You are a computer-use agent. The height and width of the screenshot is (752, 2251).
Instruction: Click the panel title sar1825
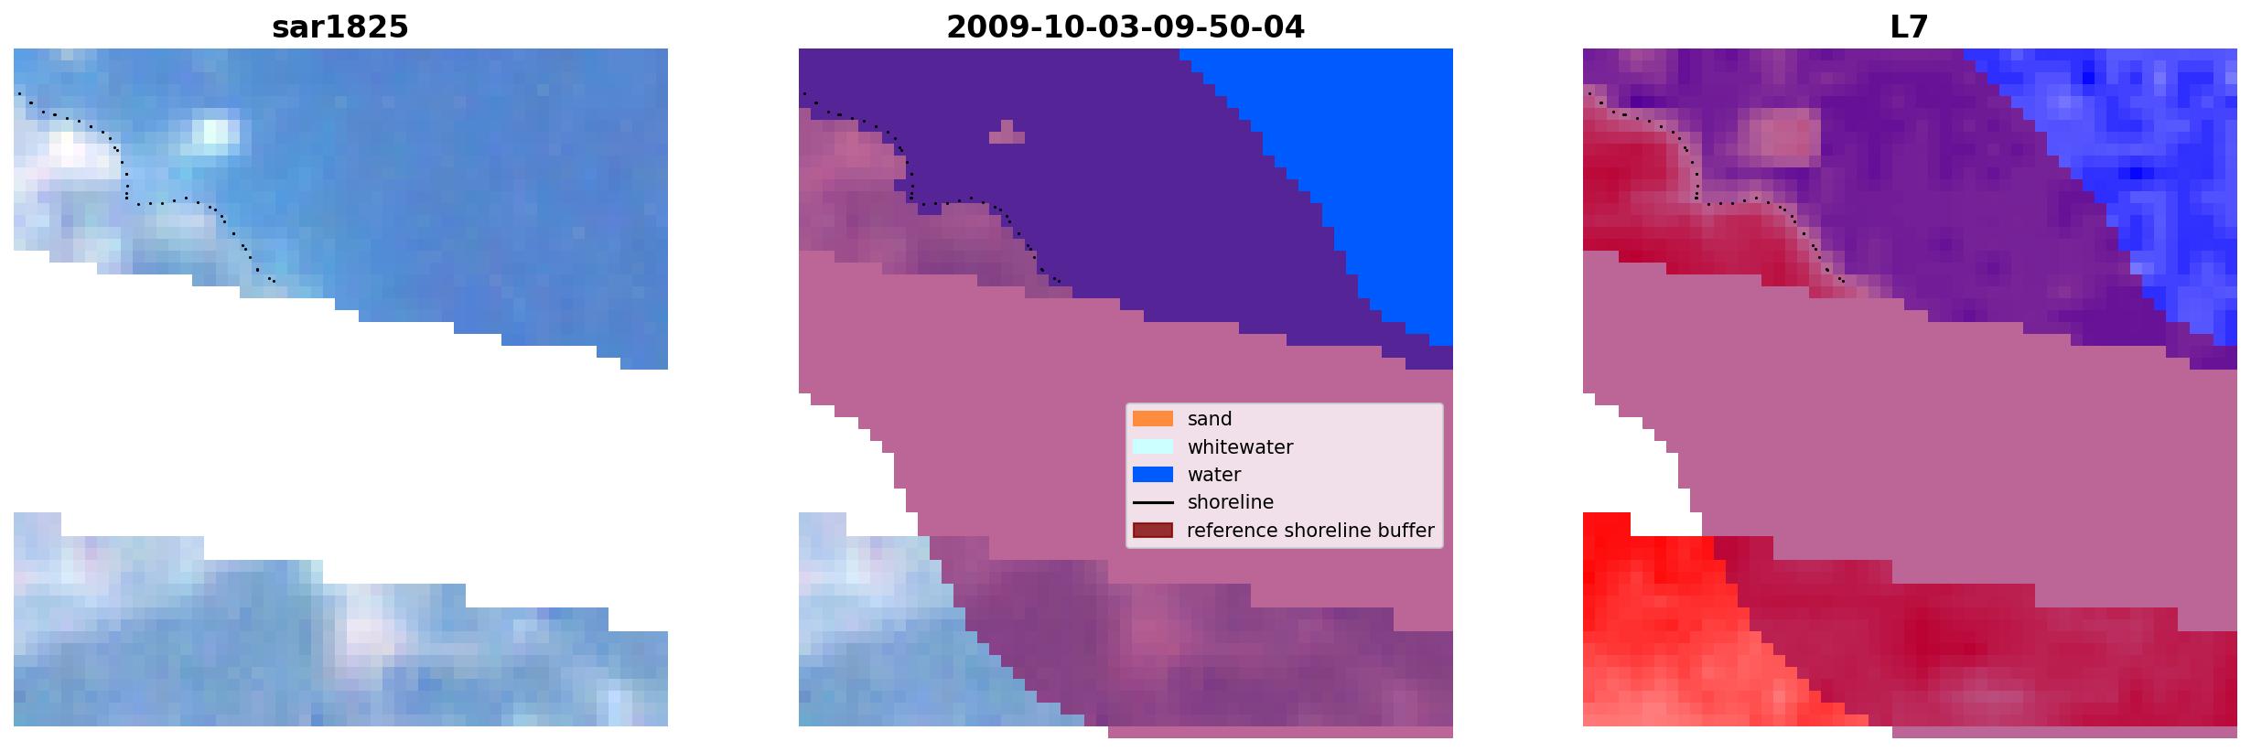tap(339, 27)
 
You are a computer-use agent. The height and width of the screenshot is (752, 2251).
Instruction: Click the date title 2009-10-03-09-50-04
tap(1125, 27)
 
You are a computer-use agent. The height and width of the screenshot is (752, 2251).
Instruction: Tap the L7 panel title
tap(1909, 27)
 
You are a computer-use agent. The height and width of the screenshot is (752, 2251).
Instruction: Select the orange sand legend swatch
tap(1152, 419)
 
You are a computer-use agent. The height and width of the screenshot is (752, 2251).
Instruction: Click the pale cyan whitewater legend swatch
tap(1152, 446)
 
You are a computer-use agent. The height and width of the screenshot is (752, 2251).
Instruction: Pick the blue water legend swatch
tap(1152, 475)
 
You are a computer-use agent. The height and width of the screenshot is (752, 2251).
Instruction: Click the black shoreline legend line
tap(1152, 502)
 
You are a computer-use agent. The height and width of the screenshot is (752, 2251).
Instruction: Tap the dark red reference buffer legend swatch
tap(1152, 531)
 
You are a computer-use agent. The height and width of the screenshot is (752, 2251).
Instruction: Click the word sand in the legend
tap(1210, 419)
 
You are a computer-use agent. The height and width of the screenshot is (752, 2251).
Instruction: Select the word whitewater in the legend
tap(1240, 447)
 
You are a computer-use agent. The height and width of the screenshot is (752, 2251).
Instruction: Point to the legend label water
tap(1214, 475)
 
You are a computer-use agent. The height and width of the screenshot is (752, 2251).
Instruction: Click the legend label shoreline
tap(1231, 502)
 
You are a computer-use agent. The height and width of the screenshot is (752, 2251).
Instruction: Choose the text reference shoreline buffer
tap(1310, 531)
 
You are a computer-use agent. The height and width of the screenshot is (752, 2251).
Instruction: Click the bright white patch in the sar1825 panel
tap(216, 134)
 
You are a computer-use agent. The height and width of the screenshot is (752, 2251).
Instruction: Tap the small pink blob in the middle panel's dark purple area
tap(1007, 134)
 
